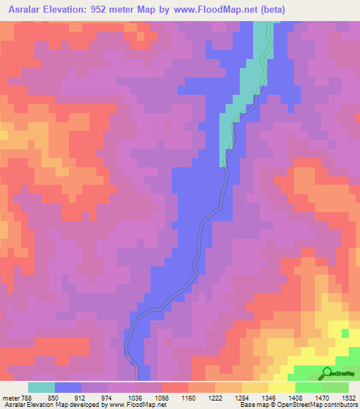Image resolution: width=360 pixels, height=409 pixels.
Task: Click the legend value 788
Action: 25,397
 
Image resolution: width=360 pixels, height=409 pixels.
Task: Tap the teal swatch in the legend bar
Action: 41,387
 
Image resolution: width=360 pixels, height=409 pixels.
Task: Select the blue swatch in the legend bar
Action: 68,387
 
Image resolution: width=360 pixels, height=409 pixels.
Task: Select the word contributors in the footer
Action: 340,405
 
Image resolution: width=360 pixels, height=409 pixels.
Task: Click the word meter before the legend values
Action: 9,397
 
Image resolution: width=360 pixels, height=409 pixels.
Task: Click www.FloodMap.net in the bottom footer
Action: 138,405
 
